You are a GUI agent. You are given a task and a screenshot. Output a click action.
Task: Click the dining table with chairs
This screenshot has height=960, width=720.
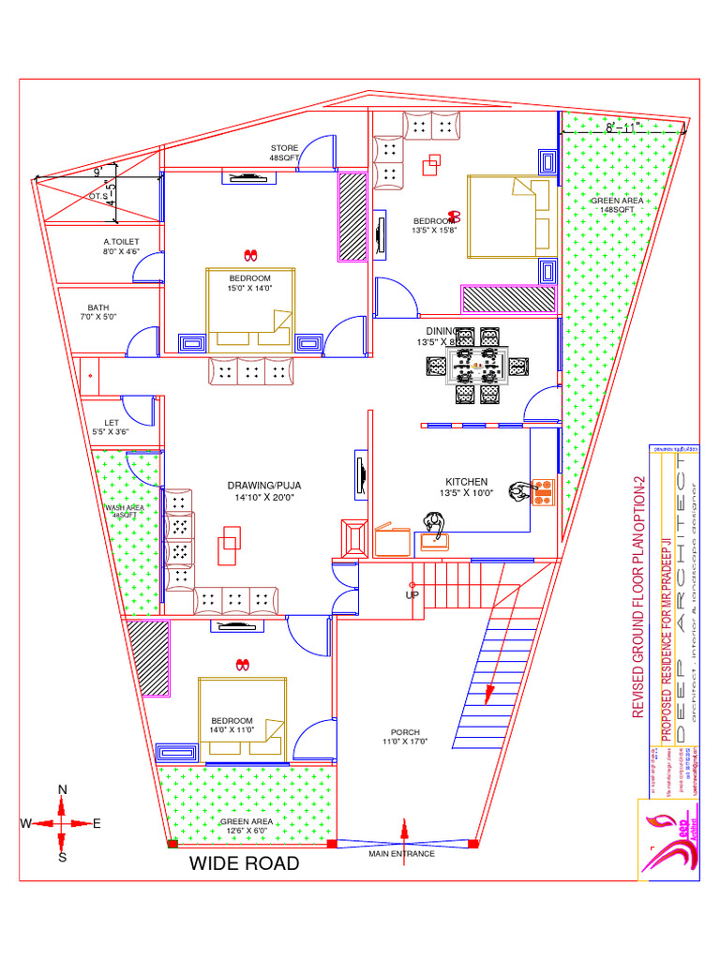pyautogui.click(x=477, y=365)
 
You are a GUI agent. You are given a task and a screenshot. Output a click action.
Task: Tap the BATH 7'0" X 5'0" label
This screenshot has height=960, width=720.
pyautogui.click(x=98, y=312)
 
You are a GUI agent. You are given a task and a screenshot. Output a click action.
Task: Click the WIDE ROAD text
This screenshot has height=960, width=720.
pyautogui.click(x=245, y=862)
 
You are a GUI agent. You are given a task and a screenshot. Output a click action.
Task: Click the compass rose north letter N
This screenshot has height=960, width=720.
pyautogui.click(x=63, y=789)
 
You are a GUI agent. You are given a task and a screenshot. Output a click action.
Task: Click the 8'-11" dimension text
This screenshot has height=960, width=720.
pyautogui.click(x=622, y=126)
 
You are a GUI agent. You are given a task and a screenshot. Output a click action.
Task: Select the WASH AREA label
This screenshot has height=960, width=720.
pyautogui.click(x=124, y=511)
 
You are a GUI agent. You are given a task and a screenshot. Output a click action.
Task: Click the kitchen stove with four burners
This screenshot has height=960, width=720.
pyautogui.click(x=543, y=492)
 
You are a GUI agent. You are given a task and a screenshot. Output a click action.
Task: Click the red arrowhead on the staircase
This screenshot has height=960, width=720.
pyautogui.click(x=488, y=694)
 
